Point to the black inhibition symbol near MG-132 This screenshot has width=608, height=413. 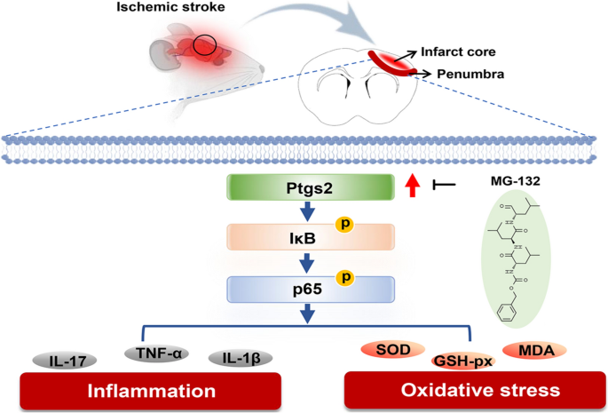coord(443,187)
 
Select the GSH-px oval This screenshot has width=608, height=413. coord(461,361)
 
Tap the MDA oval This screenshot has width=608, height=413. coord(531,351)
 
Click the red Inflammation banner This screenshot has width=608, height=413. coord(150,392)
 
